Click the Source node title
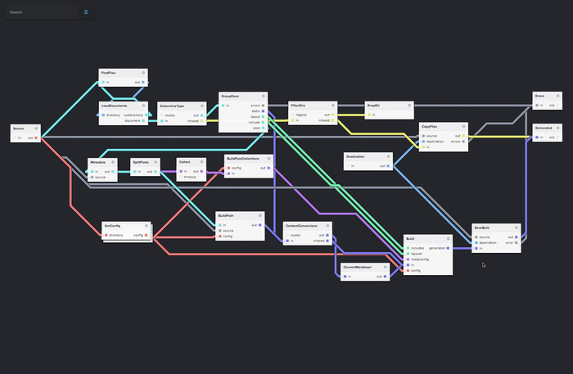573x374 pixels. coord(19,129)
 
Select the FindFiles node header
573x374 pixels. coord(109,73)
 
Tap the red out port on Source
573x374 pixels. coord(38,138)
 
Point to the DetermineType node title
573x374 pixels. coord(172,106)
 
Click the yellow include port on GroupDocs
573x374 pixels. coord(264,122)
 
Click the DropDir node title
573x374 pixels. coord(373,106)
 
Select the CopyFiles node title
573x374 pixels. coord(430,127)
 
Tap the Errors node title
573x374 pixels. coord(540,97)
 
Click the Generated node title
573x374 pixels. coord(544,128)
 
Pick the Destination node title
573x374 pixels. coord(356,156)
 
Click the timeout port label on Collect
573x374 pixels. coord(190,177)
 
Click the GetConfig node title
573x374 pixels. coord(112,225)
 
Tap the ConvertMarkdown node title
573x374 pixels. coord(357,268)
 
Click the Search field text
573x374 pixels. coord(16,12)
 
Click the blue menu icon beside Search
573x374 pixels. coord(86,12)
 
